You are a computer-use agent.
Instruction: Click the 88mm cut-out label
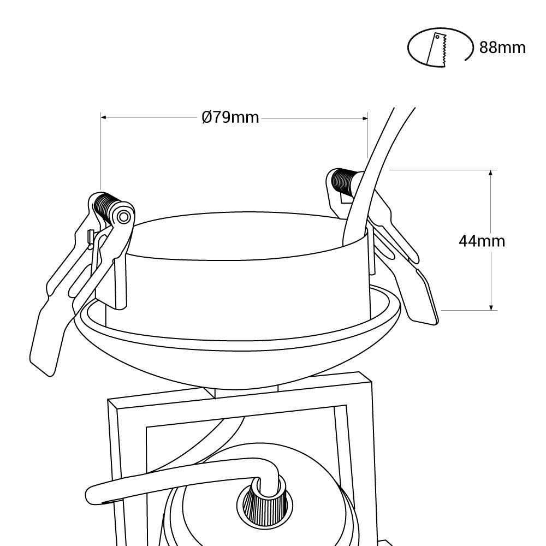(x=502, y=48)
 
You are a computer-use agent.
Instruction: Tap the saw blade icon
(x=437, y=50)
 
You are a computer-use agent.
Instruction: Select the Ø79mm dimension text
(x=230, y=117)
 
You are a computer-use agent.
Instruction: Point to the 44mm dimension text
(x=482, y=241)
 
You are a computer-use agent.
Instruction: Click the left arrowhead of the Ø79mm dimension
(x=104, y=118)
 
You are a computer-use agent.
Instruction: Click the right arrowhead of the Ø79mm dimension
(x=365, y=118)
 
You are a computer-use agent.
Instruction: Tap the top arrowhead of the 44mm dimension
(x=491, y=173)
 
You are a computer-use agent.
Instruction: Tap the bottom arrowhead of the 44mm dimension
(x=491, y=306)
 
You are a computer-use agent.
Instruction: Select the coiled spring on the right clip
(x=343, y=181)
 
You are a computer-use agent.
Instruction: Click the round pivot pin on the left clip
(x=123, y=217)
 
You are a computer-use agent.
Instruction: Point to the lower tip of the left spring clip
(x=50, y=376)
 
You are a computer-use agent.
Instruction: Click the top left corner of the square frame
(x=109, y=400)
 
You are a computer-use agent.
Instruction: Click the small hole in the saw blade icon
(x=437, y=37)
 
